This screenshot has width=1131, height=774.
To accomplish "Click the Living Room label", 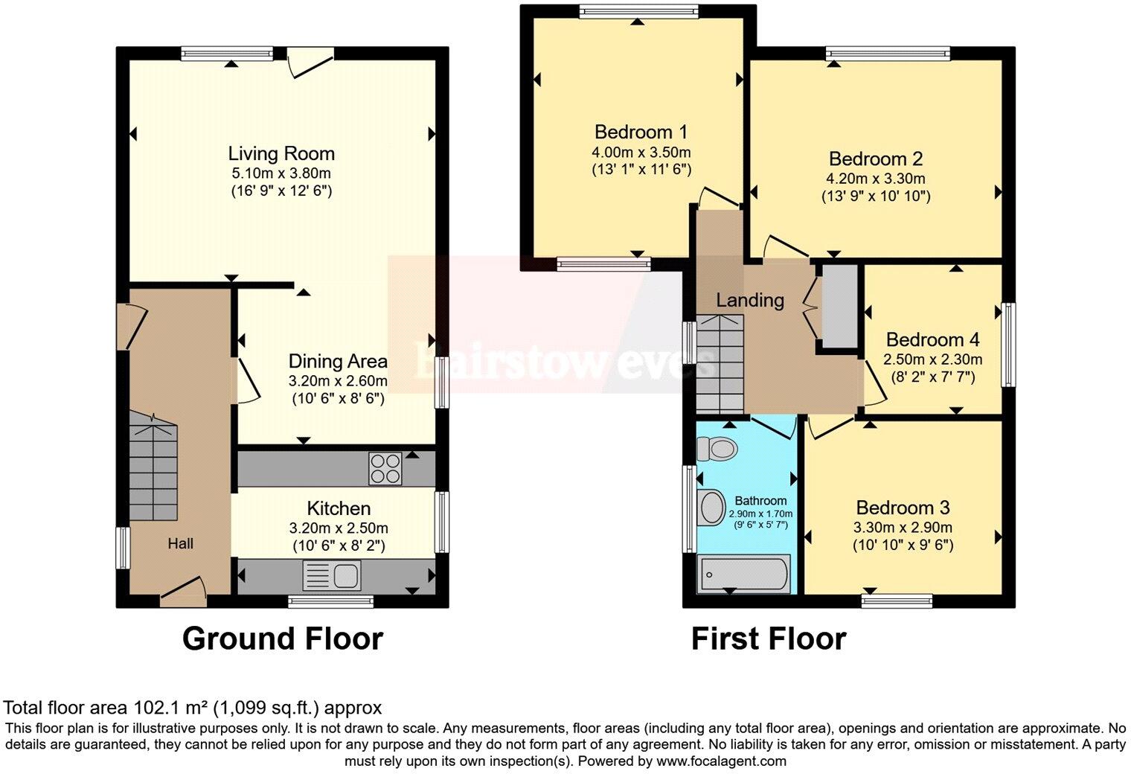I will pos(281,154).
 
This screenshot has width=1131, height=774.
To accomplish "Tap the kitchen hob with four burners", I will pos(385,468).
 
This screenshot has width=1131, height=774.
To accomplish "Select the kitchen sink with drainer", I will pos(332,575).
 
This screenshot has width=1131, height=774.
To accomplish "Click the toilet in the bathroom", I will pos(717,449).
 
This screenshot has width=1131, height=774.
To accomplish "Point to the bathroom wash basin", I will pos(711,508).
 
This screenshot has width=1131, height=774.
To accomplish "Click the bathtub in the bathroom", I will pos(743,575).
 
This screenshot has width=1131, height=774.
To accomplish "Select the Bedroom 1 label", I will pos(641,132).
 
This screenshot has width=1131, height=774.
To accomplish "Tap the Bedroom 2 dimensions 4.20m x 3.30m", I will pos(876,179).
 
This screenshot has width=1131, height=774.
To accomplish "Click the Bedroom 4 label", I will pos(932,340).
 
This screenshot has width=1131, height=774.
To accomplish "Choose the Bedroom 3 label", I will pos(903,508).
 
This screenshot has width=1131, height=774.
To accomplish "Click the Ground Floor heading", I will pos(282,639).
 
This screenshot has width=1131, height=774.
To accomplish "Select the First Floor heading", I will pos(768,639).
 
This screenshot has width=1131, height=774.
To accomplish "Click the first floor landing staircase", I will pos(720,363).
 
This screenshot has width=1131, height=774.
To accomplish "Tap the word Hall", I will pos(180,544).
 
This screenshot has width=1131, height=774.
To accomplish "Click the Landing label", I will pos(750,300).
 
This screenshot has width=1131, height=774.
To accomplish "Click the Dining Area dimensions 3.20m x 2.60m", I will pos(338,380).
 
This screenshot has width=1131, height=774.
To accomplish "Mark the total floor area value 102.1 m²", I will pos(171,708).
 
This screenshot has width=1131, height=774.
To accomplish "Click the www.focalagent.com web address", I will pos(721,761).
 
